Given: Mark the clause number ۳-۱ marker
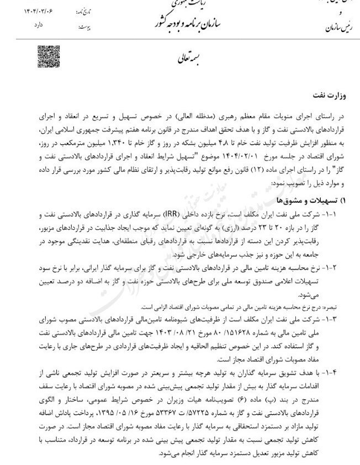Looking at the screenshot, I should click(347, 319).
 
